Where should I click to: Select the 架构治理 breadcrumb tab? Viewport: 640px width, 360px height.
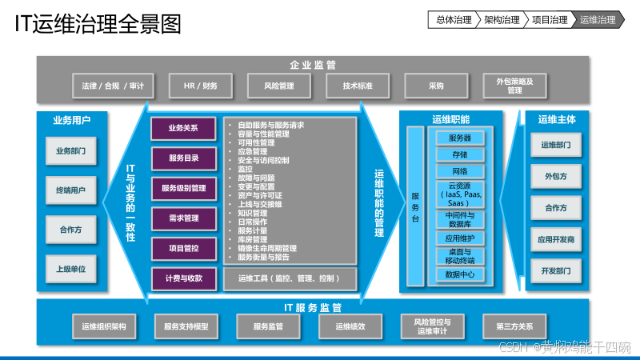[502, 20]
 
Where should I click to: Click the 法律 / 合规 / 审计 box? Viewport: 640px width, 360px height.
[108, 86]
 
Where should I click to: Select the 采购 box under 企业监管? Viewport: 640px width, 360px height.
[435, 86]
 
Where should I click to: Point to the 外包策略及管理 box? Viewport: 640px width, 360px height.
[514, 86]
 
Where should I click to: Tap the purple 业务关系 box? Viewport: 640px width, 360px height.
[183, 128]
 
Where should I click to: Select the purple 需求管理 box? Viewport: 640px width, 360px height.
[183, 218]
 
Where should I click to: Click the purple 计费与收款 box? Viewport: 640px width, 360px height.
[183, 278]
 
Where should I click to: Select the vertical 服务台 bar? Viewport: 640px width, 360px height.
[415, 206]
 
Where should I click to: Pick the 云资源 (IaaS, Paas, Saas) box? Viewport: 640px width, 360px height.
[459, 194]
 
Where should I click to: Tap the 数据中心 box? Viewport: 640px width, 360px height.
[459, 274]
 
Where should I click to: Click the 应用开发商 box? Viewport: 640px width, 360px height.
[555, 239]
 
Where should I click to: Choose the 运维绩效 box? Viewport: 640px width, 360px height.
[350, 326]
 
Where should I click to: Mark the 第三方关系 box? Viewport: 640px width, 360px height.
[514, 326]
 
